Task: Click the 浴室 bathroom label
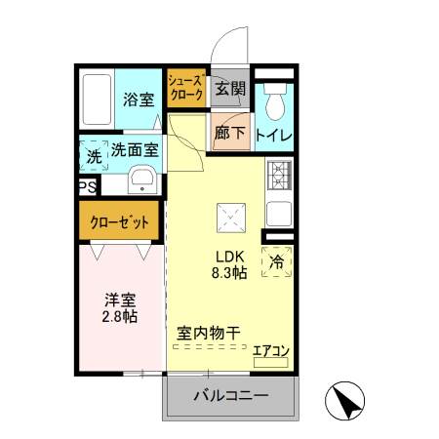pyautogui.click(x=139, y=99)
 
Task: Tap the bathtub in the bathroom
pyautogui.click(x=98, y=98)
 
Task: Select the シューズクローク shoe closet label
pyautogui.click(x=185, y=89)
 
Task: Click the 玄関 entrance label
pyautogui.click(x=230, y=90)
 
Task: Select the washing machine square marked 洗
pyautogui.click(x=93, y=155)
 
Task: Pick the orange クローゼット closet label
pyautogui.click(x=120, y=221)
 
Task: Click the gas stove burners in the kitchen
pyautogui.click(x=279, y=174)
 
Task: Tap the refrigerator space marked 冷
pyautogui.click(x=277, y=261)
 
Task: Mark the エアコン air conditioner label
pyautogui.click(x=270, y=351)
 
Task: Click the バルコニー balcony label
pyautogui.click(x=230, y=396)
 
